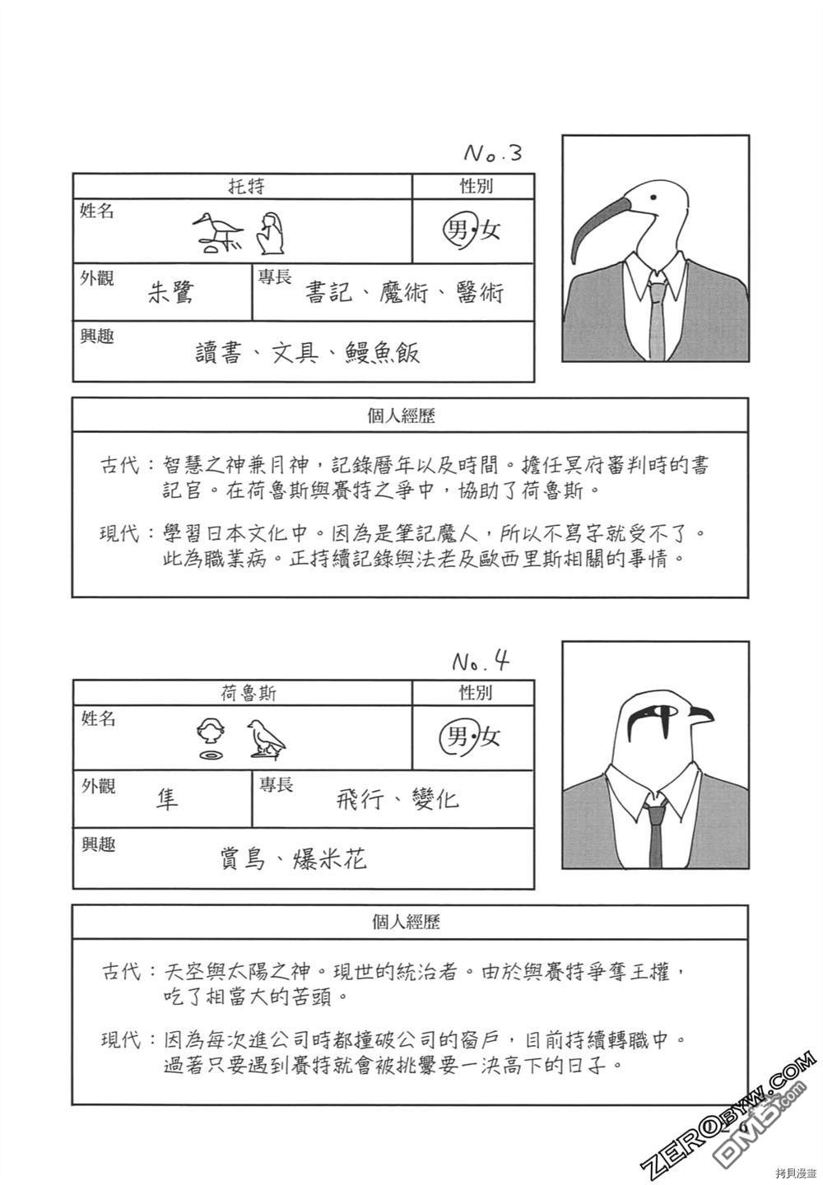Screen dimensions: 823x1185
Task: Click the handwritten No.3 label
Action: [x=493, y=153]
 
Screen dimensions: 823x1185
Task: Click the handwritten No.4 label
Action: [x=481, y=661]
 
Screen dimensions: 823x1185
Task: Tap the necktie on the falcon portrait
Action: [x=656, y=831]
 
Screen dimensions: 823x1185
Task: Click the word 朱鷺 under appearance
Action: [x=170, y=292]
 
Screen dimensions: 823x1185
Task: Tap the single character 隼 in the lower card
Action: [x=167, y=798]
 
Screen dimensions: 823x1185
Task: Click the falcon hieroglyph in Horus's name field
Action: [x=266, y=737]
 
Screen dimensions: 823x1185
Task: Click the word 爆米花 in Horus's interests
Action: [x=330, y=859]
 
